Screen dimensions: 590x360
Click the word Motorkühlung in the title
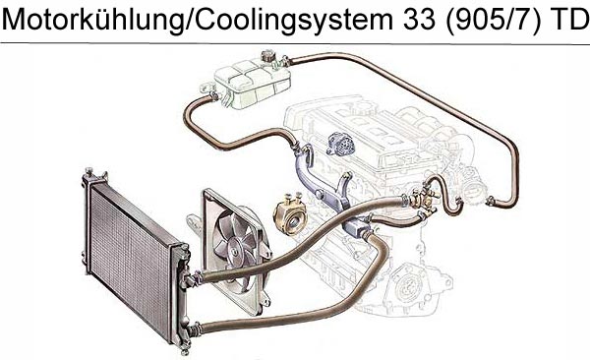tap(93, 19)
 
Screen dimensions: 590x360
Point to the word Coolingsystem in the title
tap(294, 21)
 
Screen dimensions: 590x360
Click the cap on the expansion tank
tap(267, 57)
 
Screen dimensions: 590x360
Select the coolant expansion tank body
tap(252, 84)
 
